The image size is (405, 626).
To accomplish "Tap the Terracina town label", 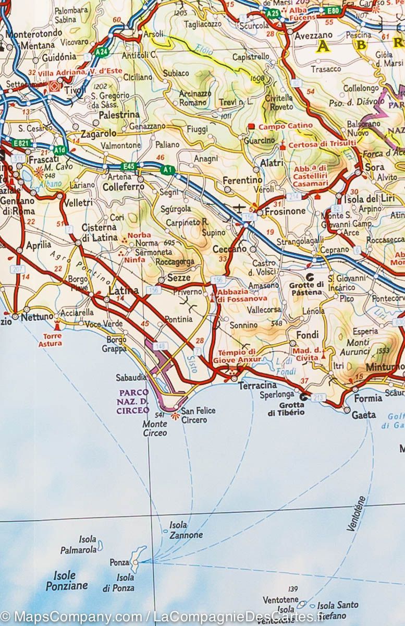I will pos(257,386).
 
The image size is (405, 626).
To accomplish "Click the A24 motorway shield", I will pos(102,52).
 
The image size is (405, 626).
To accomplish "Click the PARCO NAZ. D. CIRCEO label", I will pos(134,401).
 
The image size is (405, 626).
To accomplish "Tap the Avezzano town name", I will pos(313,36).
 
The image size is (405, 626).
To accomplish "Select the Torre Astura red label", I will pos(50,340).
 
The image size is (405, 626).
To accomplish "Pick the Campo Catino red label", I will pos(286,126).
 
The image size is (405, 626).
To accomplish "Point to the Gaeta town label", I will pos(364,415).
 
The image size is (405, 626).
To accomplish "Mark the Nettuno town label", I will pos(36,316).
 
